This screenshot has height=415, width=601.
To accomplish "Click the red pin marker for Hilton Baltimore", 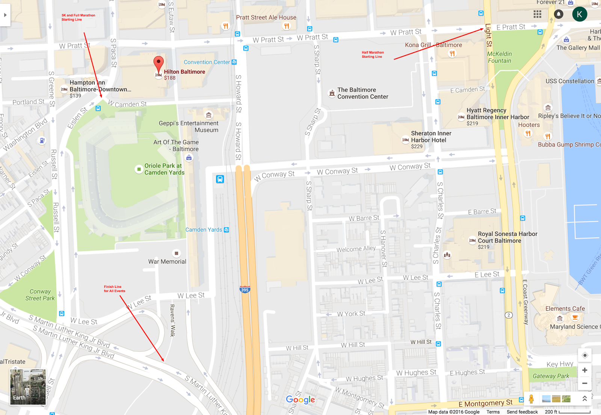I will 159,63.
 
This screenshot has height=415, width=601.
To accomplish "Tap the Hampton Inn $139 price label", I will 76,96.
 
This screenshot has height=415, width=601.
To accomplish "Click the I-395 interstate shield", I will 245,289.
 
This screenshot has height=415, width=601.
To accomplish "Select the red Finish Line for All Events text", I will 114,289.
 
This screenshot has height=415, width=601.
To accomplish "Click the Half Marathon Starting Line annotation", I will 372,54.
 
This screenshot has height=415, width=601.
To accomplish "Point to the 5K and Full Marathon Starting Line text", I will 78,17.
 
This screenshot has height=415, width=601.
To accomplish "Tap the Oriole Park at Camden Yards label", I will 164,169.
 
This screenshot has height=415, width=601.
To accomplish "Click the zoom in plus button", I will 584,370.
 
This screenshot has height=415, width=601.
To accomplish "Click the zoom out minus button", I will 584,383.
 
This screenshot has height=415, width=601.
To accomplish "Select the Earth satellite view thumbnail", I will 27,387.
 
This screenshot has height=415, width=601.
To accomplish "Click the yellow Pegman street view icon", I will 531,399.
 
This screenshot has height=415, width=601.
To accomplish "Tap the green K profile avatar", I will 579,14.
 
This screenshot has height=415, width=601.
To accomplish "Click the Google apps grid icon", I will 537,14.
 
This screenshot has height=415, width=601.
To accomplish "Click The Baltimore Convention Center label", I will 362,93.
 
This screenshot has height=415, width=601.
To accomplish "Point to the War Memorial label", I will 167,262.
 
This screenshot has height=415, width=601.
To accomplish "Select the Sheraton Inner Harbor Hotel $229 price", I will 417,146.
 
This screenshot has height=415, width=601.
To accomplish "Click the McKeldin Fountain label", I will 499,57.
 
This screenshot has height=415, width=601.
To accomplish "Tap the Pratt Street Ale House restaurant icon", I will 286,26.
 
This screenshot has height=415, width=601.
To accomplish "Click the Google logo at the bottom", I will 300,400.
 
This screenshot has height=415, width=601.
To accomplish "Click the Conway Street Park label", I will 40,295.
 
